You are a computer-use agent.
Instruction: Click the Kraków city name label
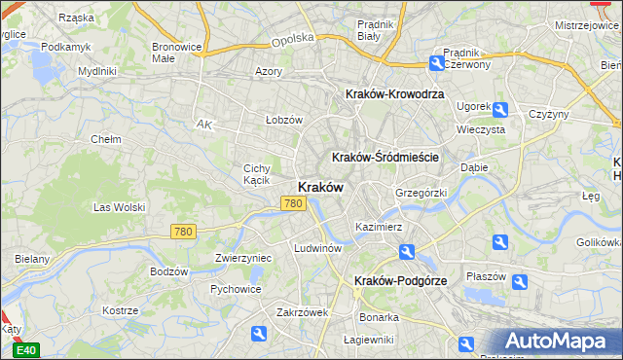[318, 188]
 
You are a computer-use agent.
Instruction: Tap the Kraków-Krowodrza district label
[395, 94]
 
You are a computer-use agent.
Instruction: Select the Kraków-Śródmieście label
[385, 157]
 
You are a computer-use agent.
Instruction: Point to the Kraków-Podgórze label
[400, 280]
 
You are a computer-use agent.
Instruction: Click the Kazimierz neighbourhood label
[379, 227]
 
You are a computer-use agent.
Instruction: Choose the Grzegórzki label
[421, 193]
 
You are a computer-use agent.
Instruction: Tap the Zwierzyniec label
[242, 258]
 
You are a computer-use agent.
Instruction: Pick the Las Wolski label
[119, 207]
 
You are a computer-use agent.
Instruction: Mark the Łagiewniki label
[369, 340]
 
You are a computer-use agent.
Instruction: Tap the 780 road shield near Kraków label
[293, 203]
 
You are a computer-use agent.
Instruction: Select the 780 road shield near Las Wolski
[183, 232]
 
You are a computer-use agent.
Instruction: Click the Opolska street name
[293, 39]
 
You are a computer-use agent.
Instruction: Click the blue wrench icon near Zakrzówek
[259, 334]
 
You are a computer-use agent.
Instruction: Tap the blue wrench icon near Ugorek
[500, 110]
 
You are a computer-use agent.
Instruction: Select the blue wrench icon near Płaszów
[520, 282]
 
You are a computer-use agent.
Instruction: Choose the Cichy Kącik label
[257, 174]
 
